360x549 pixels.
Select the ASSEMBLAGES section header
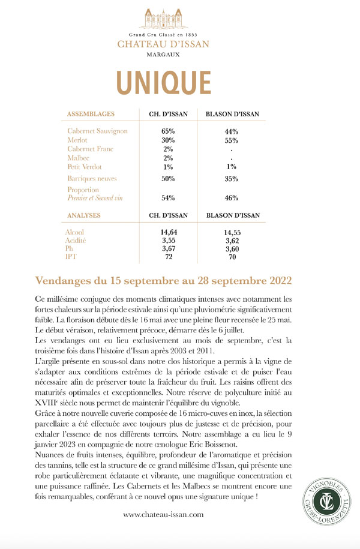click(91, 113)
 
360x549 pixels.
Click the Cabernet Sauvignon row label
click(98, 131)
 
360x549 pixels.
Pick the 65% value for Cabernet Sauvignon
click(168, 131)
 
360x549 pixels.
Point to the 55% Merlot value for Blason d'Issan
click(232, 140)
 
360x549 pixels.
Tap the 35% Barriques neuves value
click(232, 179)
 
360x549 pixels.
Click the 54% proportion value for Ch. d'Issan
click(168, 198)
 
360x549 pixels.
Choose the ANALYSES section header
click(85, 214)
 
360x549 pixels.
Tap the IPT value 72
click(168, 256)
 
